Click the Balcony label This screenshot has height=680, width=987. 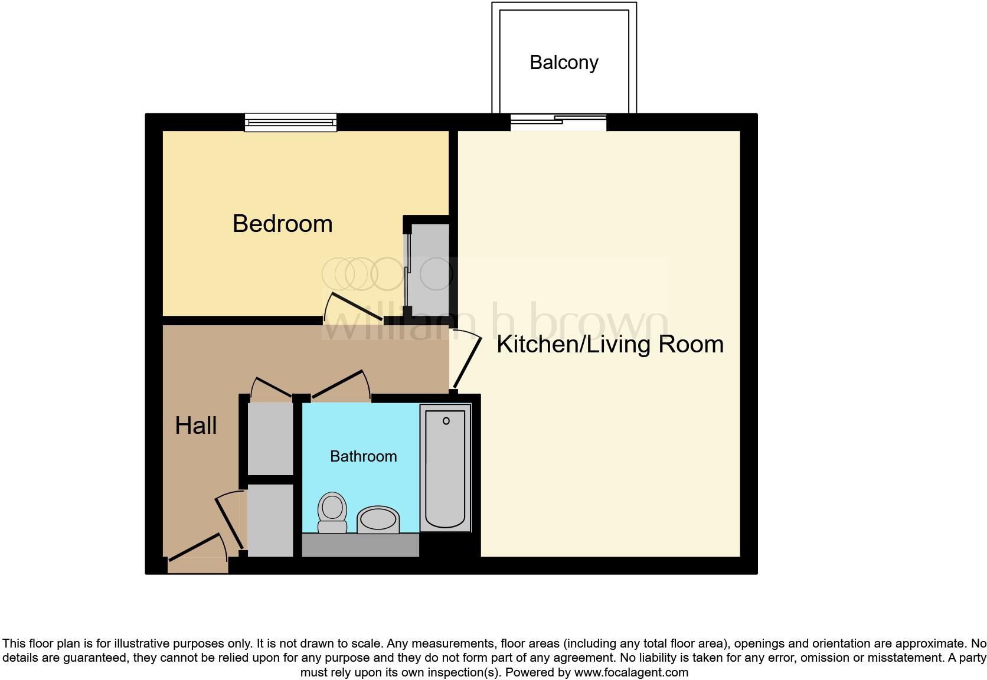(564, 63)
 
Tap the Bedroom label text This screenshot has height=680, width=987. (282, 224)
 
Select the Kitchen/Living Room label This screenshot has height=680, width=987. (610, 344)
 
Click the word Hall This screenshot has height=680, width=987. (196, 426)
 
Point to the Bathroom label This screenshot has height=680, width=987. (363, 456)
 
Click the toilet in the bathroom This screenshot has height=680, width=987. (332, 512)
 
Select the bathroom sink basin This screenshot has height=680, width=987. (378, 520)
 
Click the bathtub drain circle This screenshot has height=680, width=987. (446, 421)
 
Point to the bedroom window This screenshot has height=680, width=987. (291, 122)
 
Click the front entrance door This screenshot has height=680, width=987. (195, 548)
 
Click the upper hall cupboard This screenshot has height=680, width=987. (270, 438)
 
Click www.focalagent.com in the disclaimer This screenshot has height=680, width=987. (630, 672)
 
